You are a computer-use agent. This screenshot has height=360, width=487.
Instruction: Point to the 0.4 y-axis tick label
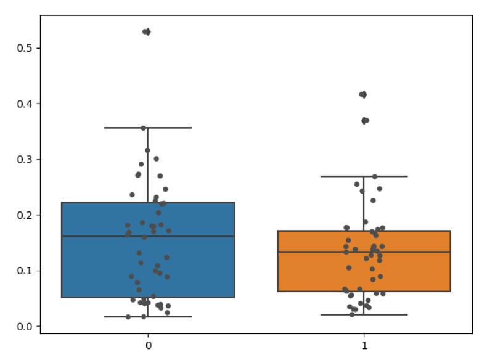pos(26,104)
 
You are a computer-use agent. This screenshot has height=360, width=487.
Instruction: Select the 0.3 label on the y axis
pos(26,159)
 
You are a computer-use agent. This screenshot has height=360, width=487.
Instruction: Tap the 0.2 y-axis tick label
pos(26,215)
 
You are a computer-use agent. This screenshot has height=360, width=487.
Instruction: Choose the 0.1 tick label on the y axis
pos(26,271)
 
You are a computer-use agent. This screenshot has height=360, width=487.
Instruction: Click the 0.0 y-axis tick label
pos(26,326)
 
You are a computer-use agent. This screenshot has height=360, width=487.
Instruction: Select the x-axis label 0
pos(148,345)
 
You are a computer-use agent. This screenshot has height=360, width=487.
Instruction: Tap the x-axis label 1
pos(364,345)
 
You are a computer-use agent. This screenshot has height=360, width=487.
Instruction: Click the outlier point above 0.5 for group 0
pos(147,31)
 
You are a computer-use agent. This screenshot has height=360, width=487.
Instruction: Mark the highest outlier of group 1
pos(363,94)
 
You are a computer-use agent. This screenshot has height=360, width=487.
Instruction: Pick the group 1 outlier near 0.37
pos(365,120)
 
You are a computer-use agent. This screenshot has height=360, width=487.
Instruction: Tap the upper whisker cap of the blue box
pos(148,128)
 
